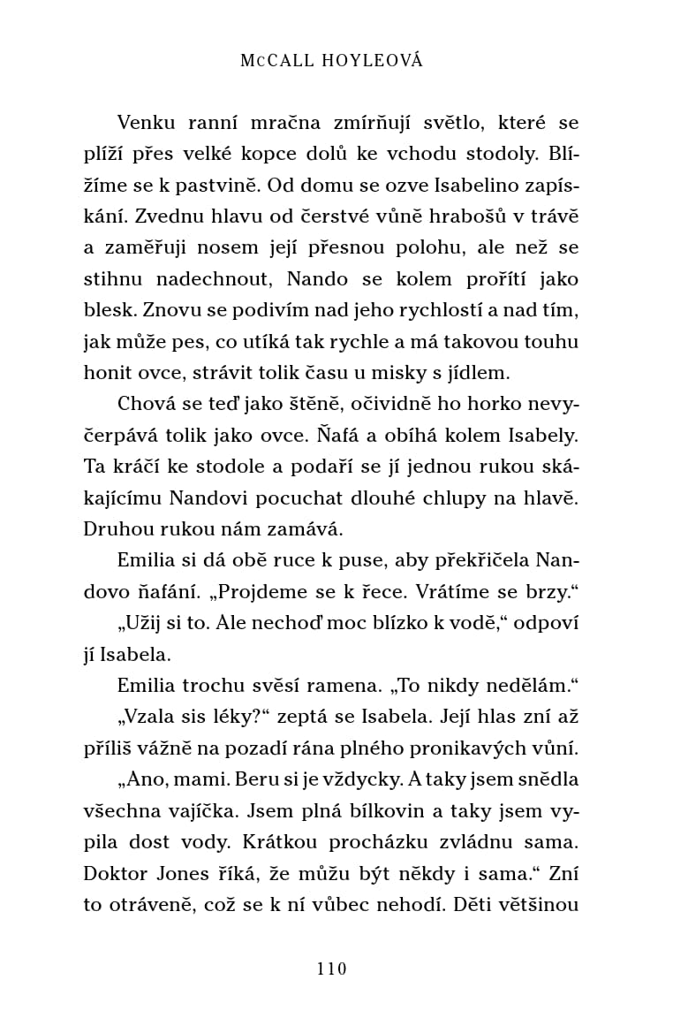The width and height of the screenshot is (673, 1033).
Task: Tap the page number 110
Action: click(x=332, y=968)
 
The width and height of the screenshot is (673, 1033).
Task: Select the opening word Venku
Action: click(x=147, y=123)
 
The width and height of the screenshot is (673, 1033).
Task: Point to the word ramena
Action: click(x=317, y=686)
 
